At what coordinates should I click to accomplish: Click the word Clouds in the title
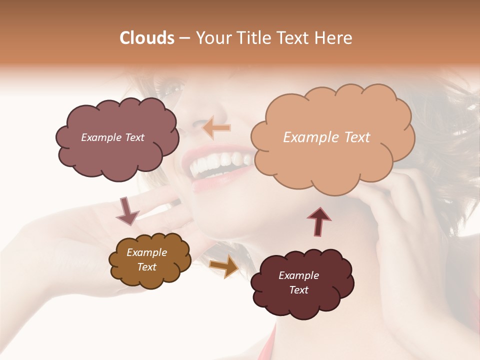(147, 38)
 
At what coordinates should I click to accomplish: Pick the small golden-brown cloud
(150, 277)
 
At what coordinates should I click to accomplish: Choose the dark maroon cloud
(302, 302)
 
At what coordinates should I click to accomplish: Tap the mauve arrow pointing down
(127, 210)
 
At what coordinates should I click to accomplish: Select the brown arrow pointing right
(224, 265)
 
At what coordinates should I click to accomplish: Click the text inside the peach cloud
(326, 137)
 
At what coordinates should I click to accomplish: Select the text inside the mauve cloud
(112, 137)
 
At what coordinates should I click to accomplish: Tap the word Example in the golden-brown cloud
(146, 252)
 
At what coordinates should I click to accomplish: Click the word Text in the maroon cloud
(298, 290)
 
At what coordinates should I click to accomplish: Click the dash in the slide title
(184, 38)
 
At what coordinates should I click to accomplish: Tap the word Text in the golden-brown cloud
(146, 267)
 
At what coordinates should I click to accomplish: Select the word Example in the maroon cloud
(298, 275)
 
